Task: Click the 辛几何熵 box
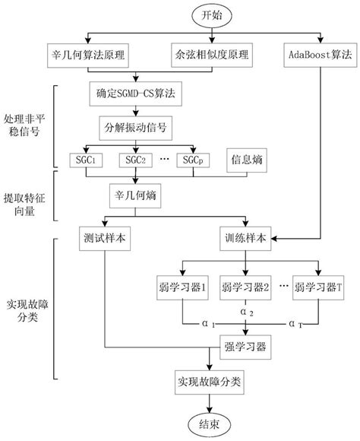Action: [x=135, y=195]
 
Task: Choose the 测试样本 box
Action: [x=103, y=236]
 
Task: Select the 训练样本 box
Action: [x=245, y=236]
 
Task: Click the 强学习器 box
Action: [x=245, y=347]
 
